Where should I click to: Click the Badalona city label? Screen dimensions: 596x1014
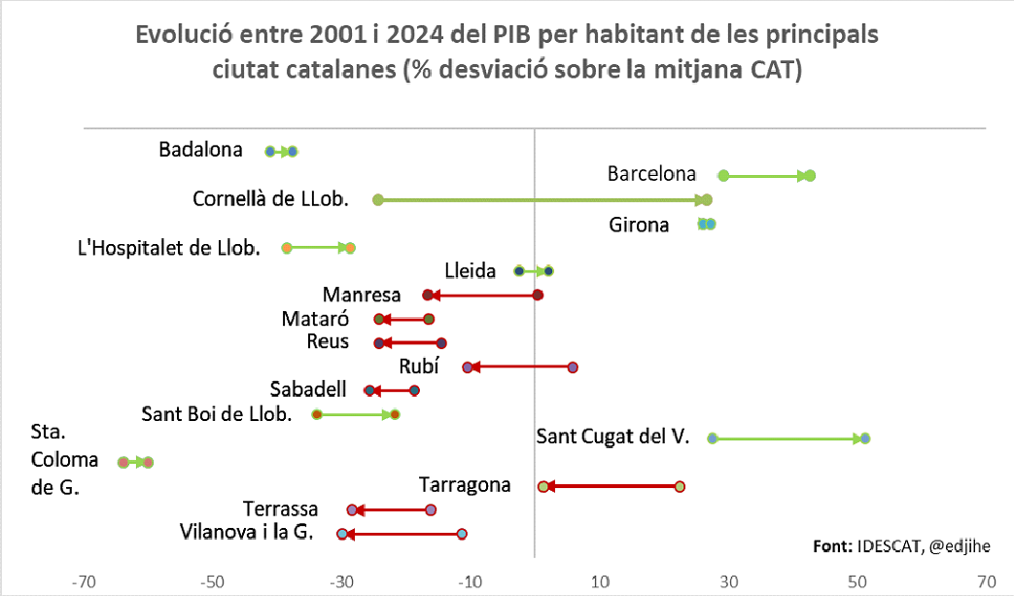pos(200,150)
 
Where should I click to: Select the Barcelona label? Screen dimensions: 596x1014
pos(651,174)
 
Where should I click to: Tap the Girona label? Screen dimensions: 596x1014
pos(639,226)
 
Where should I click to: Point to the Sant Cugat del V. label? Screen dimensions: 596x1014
pos(612,437)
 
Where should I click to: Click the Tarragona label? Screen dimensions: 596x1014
pos(465,484)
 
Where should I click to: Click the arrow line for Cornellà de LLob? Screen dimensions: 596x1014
pos(542,199)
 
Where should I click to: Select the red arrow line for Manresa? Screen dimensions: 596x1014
pos(482,295)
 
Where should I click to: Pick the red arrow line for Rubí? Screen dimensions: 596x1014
pos(520,368)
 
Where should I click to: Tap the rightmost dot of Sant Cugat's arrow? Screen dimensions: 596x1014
pos(865,438)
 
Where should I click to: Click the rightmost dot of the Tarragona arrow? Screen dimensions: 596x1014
pos(680,486)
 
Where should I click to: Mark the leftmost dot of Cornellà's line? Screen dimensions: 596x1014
pos(378,199)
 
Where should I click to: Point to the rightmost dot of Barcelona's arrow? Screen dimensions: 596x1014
pos(810,176)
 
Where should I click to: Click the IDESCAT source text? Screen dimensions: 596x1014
pos(889,545)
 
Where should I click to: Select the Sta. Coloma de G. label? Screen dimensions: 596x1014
pos(56,459)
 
